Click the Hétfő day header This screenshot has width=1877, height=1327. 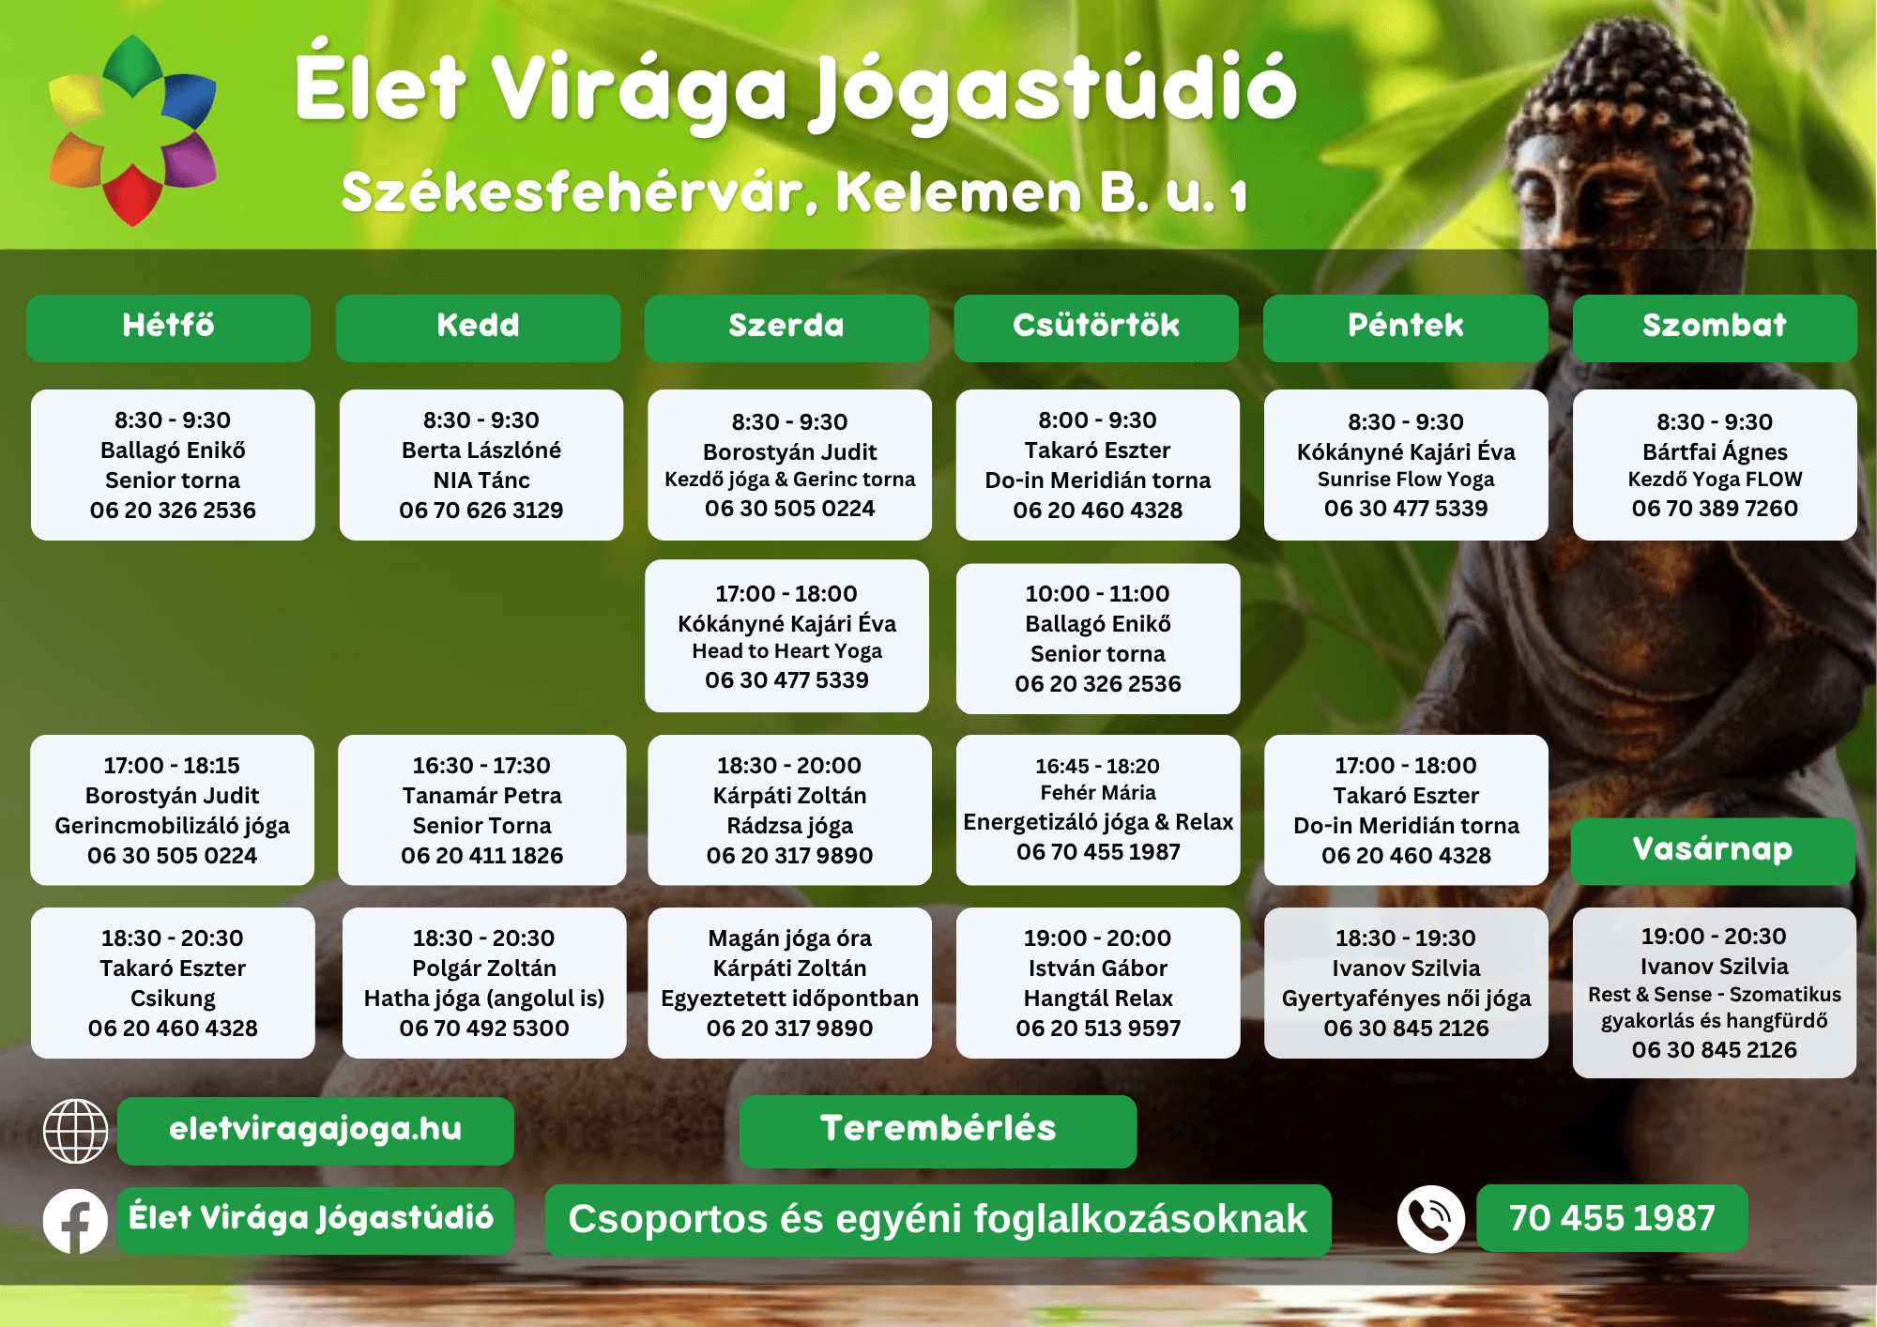click(169, 328)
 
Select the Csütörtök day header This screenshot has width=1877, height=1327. click(1096, 328)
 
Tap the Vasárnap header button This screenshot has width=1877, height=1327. click(1713, 850)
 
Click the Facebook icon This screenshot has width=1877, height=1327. click(75, 1220)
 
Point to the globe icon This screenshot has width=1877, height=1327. click(75, 1131)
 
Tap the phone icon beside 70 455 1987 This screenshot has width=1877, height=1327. click(1430, 1219)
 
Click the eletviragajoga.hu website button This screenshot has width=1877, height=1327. click(315, 1131)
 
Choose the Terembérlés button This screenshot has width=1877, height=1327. click(938, 1131)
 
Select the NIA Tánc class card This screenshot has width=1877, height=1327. click(481, 465)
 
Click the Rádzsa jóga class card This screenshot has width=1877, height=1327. click(789, 810)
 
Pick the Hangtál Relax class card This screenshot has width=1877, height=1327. click(1098, 983)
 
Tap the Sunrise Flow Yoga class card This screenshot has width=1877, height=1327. click(1406, 465)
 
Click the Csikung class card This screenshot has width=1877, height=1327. click(173, 983)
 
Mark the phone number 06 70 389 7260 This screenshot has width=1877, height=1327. click(1715, 509)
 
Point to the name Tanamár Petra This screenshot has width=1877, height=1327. click(481, 796)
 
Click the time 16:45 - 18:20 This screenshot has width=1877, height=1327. click(1098, 766)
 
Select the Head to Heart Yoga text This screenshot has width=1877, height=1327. click(787, 651)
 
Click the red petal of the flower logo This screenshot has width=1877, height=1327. click(132, 195)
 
